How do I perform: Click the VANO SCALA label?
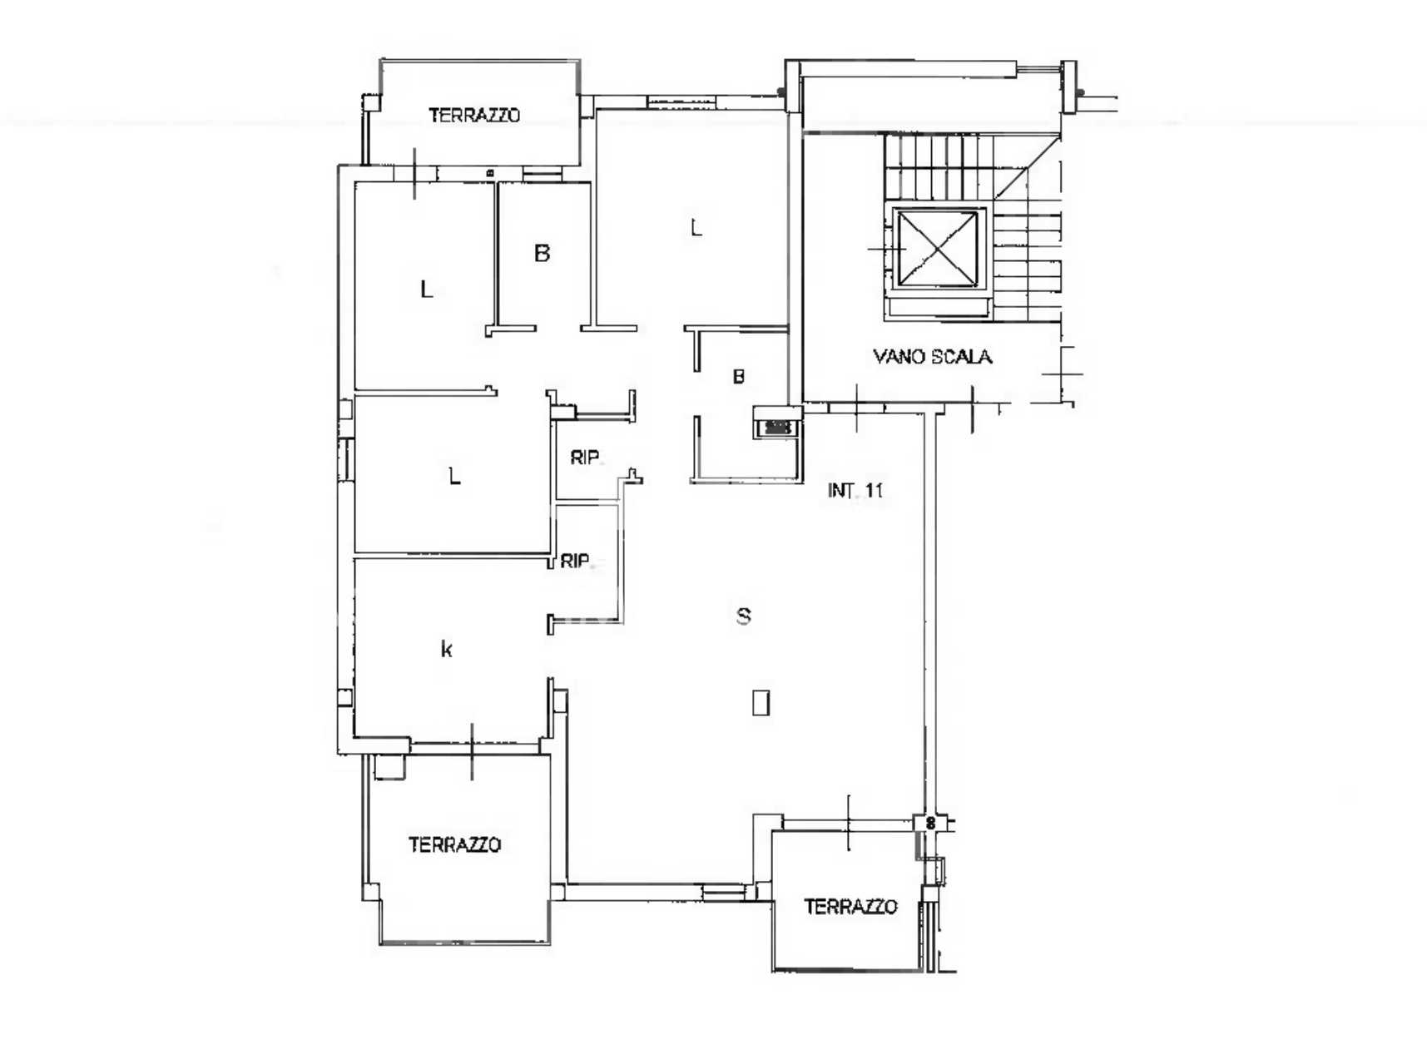pos(932,357)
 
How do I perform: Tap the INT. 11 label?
pos(855,490)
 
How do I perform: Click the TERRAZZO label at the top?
pos(474,115)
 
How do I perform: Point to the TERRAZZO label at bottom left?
pos(454,844)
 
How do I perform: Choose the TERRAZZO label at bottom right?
pos(850,906)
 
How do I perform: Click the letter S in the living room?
pos(744,616)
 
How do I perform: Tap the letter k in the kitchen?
pos(447,649)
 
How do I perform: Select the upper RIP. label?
pos(586,457)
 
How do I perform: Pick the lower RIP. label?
pos(575,562)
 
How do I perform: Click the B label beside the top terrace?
pos(543,253)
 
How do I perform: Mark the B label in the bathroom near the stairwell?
pos(738,377)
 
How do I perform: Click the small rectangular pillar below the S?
pos(761,702)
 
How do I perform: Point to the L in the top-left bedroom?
pos(427,290)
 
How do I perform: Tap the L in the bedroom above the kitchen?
pos(454,477)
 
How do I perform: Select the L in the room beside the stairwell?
pos(696,227)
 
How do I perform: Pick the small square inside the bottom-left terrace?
pos(389,766)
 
